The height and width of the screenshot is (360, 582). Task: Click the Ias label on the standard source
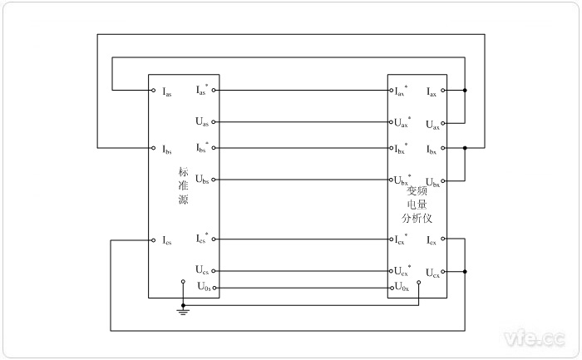click(167, 91)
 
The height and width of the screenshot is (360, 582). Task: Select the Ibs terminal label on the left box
click(167, 149)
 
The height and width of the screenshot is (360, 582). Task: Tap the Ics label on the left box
click(167, 241)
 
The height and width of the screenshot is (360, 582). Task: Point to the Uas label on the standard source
click(202, 121)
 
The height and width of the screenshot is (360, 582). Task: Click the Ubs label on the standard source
click(202, 180)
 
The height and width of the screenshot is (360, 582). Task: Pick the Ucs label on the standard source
click(202, 270)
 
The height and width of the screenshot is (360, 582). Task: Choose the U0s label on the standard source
click(203, 287)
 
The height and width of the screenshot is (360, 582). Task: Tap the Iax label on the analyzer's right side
click(432, 91)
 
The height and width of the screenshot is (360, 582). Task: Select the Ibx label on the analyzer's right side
click(432, 149)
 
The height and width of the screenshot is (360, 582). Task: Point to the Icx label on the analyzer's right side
click(432, 241)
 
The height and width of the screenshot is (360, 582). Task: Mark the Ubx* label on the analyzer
click(402, 180)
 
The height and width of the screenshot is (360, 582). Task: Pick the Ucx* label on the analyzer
click(402, 270)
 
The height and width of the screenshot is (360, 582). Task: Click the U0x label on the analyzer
click(402, 287)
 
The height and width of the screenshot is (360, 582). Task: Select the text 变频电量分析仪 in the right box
click(416, 204)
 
